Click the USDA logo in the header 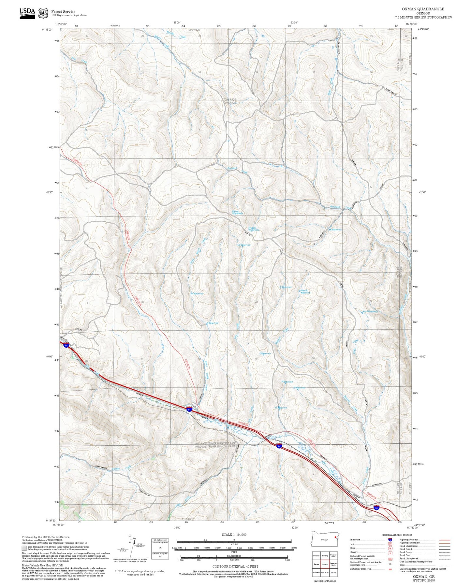point(27,13)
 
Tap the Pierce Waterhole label point(237,213)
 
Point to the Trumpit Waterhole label point(253,229)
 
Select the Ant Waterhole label point(370,312)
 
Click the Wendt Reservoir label point(304,292)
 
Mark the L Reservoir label point(265,354)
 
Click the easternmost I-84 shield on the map point(376,508)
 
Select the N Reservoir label point(197,294)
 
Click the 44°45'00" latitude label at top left point(48,30)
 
